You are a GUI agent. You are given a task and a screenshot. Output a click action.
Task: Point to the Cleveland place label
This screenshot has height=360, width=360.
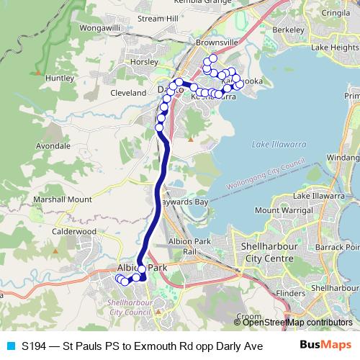129,93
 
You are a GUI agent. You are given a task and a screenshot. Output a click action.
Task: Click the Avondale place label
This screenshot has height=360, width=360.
53,145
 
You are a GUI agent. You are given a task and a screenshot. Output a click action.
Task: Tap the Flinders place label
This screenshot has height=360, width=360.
291,293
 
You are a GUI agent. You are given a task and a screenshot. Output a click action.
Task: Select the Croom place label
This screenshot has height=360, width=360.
250,315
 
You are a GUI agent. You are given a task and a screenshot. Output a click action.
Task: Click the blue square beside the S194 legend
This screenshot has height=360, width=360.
10,345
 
